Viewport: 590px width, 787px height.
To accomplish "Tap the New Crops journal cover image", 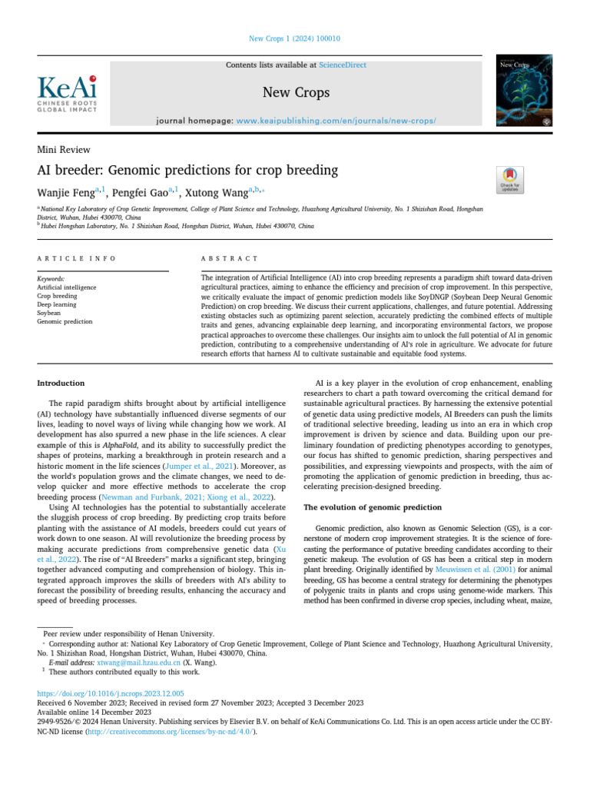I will tap(525, 91).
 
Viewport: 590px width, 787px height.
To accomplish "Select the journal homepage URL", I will tap(336, 121).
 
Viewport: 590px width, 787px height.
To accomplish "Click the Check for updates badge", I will tap(510, 179).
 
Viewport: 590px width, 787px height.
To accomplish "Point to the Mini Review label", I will tap(64, 150).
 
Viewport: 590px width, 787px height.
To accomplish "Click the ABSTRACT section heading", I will tap(230, 259).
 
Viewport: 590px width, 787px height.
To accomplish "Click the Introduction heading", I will tap(61, 383).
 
